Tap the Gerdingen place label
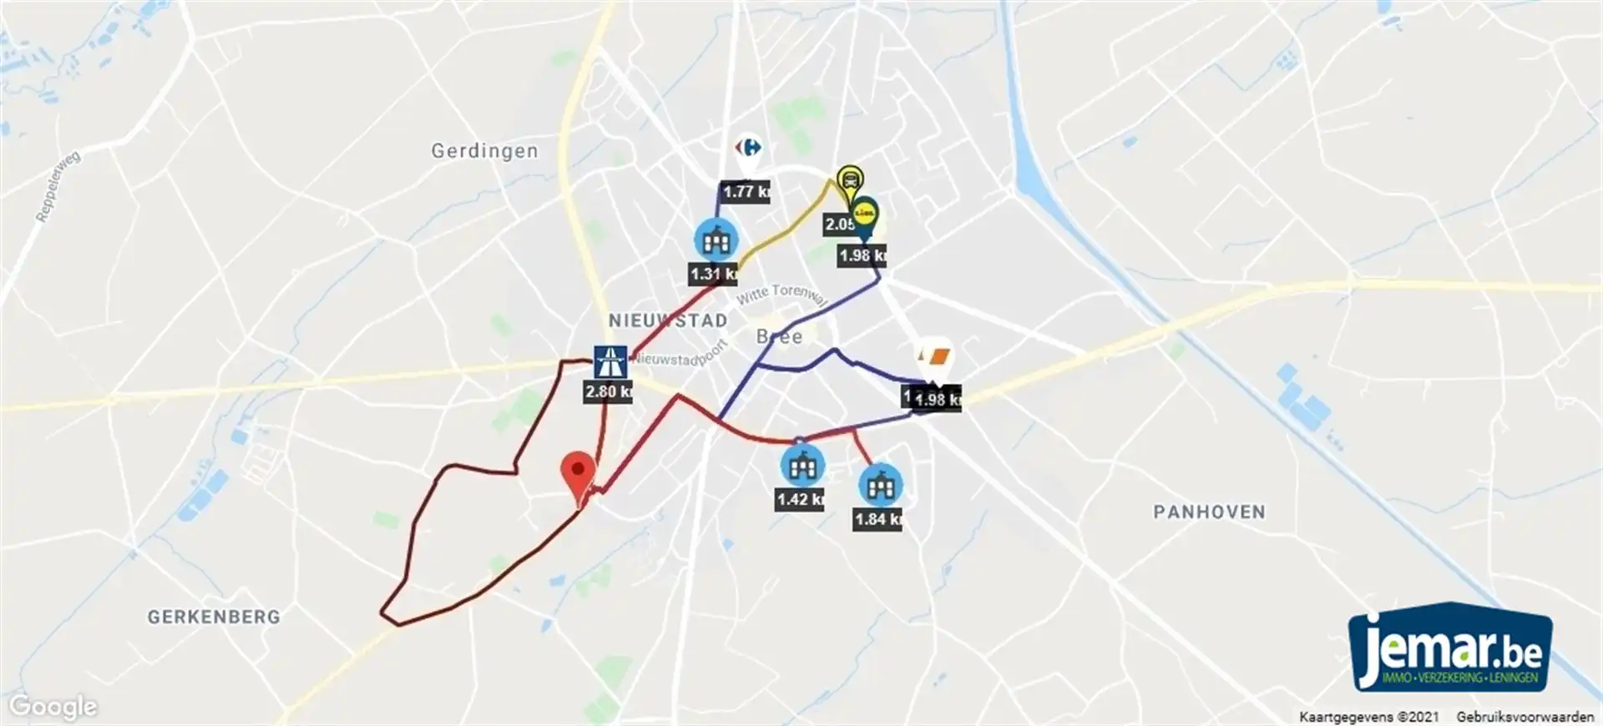coord(484,151)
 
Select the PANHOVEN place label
coord(1209,512)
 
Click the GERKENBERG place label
coord(214,617)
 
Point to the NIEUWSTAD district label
coord(667,320)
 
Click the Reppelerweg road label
coord(58,187)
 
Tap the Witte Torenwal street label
coord(781,294)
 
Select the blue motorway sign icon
coord(610,362)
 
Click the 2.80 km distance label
coord(608,391)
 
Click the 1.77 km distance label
coord(746,192)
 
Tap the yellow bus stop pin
coord(849,180)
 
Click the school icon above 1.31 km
coord(716,241)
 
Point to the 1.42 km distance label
coord(800,500)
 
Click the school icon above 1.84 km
coord(880,486)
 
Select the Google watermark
coord(53,707)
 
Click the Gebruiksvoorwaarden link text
coord(1525,717)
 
